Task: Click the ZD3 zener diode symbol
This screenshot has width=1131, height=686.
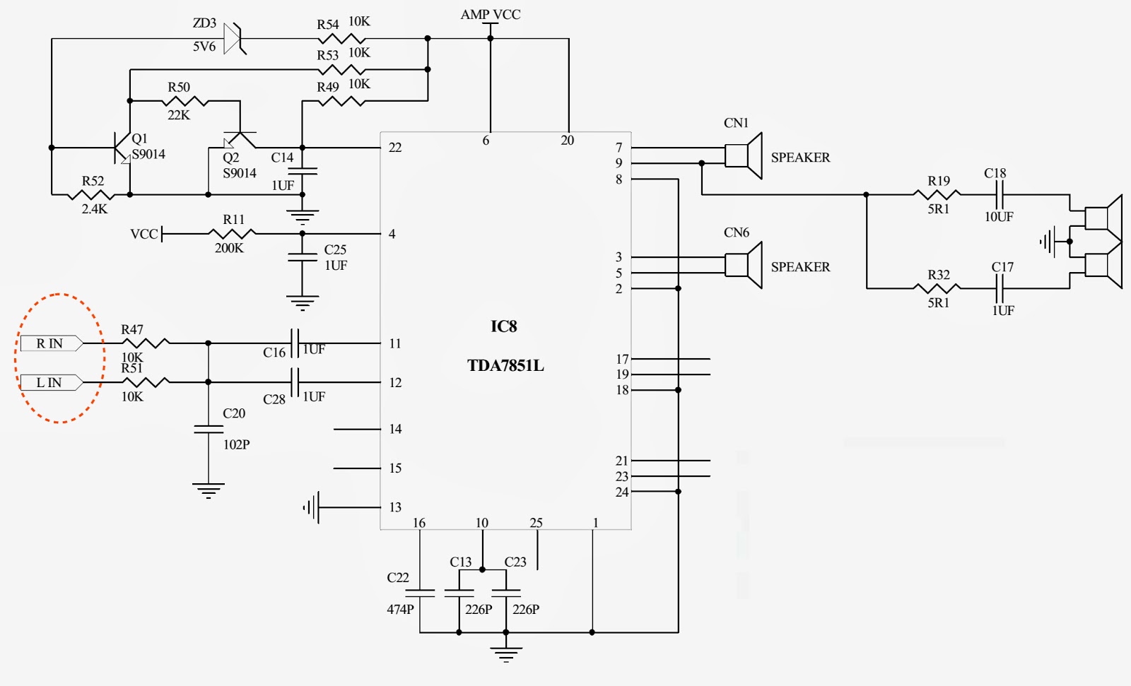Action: coord(234,38)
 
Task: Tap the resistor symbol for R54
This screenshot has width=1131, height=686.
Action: coord(342,38)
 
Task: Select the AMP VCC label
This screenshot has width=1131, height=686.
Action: coord(490,14)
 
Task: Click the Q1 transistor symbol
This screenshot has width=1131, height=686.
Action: coord(121,148)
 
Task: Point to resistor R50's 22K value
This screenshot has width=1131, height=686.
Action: coord(178,115)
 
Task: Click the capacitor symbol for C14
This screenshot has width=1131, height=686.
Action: coord(303,171)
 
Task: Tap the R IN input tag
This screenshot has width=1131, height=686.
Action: coord(50,343)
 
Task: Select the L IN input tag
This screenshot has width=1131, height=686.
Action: coord(50,382)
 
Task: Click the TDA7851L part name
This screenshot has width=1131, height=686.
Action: coord(505,366)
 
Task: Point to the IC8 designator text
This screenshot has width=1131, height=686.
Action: coord(504,326)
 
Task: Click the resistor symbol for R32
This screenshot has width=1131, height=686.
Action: coord(937,288)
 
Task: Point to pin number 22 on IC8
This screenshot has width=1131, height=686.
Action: coord(395,148)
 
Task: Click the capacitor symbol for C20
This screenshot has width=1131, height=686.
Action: coord(209,429)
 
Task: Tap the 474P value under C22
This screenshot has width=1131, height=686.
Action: coord(400,609)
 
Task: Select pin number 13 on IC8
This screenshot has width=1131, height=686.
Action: coord(395,507)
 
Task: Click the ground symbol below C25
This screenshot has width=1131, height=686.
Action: coord(303,303)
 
